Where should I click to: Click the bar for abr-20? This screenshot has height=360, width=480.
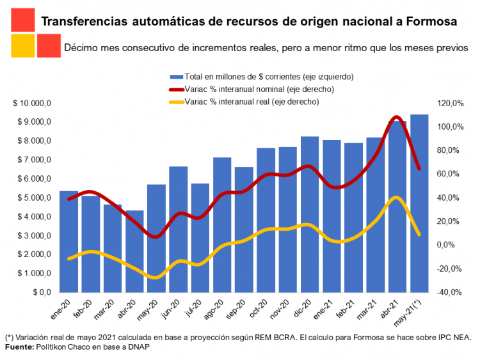[x=134, y=251]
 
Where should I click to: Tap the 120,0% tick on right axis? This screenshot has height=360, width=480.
[x=449, y=104]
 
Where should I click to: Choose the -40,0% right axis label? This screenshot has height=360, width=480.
[x=449, y=292]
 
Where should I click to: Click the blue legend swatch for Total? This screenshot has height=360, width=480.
[x=175, y=77]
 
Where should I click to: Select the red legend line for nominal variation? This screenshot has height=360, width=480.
[x=175, y=90]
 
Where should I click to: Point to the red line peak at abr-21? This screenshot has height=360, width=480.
[x=396, y=118]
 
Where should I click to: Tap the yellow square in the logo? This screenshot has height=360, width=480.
[x=22, y=46]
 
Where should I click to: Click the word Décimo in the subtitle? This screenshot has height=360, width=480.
[x=81, y=48]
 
